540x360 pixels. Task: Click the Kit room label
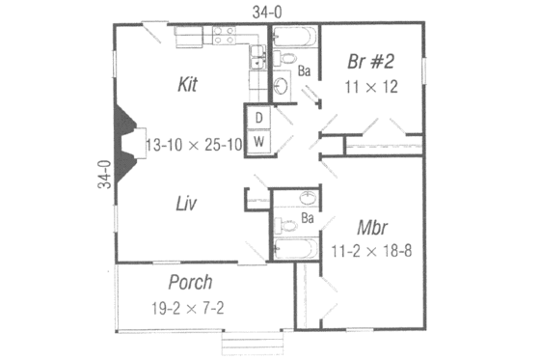(188, 84)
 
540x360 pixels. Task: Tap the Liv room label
(187, 204)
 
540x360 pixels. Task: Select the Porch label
(190, 283)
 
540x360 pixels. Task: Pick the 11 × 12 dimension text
(372, 87)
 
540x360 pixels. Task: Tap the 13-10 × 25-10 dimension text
(192, 145)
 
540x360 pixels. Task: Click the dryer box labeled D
(258, 118)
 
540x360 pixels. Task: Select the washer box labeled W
(258, 141)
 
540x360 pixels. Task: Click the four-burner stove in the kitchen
(225, 37)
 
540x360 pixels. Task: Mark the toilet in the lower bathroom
(283, 228)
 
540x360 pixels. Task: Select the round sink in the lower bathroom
(307, 199)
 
